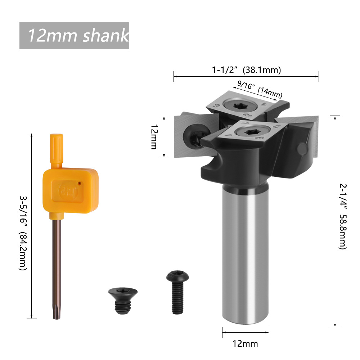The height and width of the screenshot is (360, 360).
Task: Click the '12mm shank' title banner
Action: (74, 36)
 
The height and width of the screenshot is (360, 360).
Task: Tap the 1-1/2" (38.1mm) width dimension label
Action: (246, 70)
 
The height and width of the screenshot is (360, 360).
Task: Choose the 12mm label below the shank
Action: (246, 343)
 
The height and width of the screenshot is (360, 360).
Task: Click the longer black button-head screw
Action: (177, 292)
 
